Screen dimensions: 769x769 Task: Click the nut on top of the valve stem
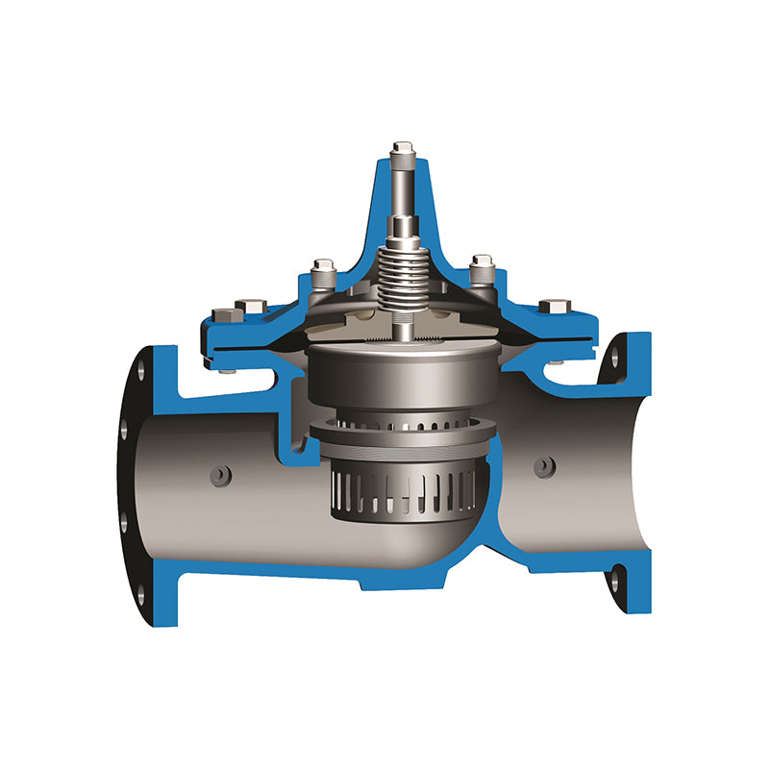[x=402, y=149]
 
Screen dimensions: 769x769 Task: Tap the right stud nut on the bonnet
[x=483, y=265]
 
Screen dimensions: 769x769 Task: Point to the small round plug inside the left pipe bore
[x=220, y=475]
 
